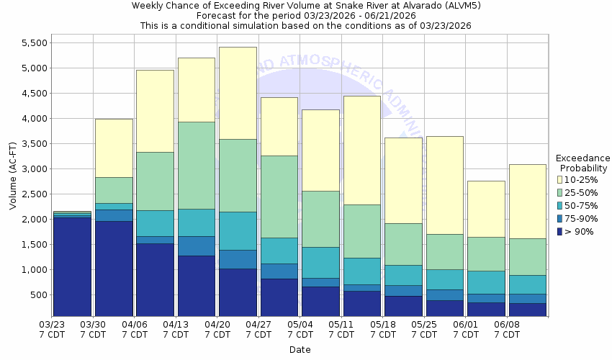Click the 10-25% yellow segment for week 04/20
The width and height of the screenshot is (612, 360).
pos(238,93)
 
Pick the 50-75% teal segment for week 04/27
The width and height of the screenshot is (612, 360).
pos(279,251)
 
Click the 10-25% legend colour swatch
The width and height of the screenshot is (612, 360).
pos(560,179)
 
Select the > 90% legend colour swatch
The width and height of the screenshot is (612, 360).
pos(560,231)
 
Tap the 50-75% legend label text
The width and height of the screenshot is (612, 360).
pos(580,205)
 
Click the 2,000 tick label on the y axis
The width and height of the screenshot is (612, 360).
pos(32,220)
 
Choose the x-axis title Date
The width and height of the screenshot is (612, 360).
pos(300,350)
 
